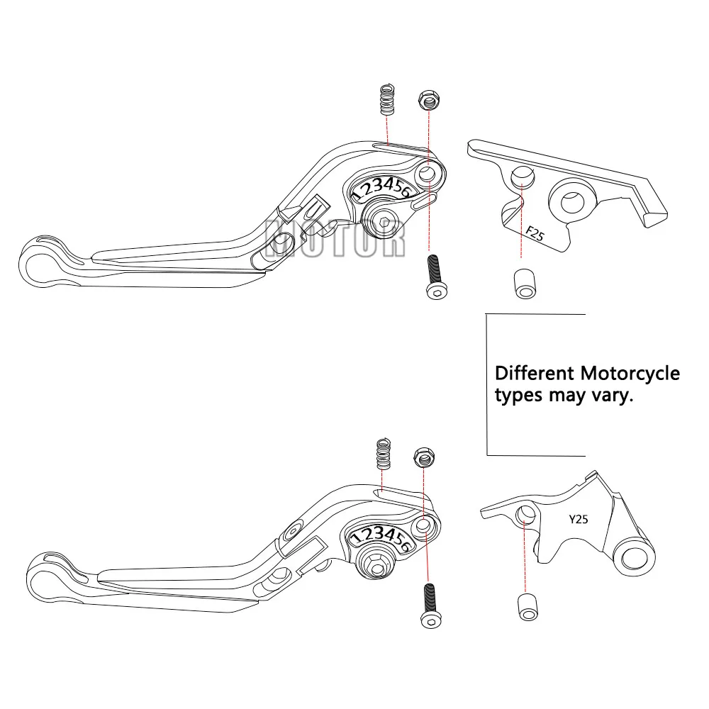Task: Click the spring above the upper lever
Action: tap(386, 100)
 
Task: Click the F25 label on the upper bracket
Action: tap(535, 233)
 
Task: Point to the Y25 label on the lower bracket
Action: tap(579, 519)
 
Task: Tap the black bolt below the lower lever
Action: tap(429, 604)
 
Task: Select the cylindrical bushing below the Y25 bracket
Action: tap(526, 606)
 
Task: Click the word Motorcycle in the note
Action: tap(630, 373)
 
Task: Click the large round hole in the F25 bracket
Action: tap(573, 201)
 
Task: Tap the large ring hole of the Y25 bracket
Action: tap(633, 557)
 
